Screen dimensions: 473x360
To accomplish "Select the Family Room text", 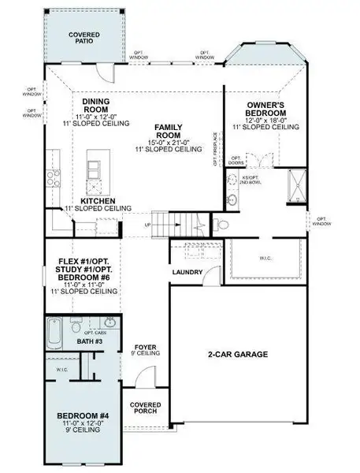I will point(168,131).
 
